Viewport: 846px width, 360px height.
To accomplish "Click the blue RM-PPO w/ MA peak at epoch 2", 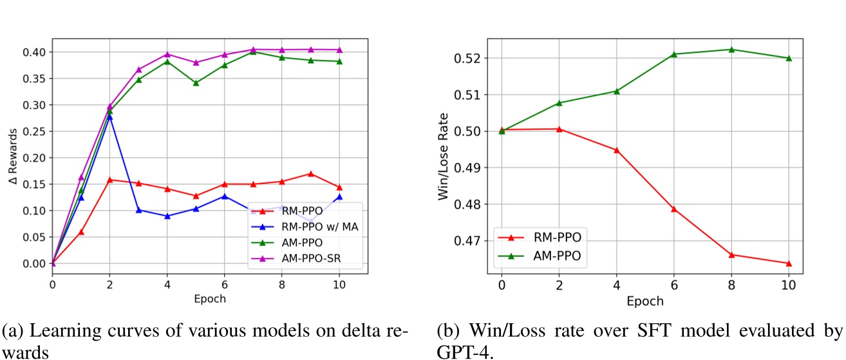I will pyautogui.click(x=109, y=117).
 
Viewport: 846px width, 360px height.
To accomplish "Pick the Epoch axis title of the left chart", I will pyautogui.click(x=210, y=299).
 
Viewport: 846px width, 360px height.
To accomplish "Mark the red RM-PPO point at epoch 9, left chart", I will pyautogui.click(x=310, y=174).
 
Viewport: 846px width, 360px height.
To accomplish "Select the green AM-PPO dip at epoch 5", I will pyautogui.click(x=196, y=83).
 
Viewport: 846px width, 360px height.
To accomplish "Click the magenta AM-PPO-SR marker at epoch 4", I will pyautogui.click(x=167, y=55).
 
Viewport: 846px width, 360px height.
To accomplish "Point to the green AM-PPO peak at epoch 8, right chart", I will pyautogui.click(x=731, y=50).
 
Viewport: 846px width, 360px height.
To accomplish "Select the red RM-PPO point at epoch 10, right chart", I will pyautogui.click(x=788, y=263).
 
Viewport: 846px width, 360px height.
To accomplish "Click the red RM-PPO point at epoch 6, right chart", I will pyautogui.click(x=673, y=209).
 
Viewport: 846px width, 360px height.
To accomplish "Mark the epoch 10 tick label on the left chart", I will pyautogui.click(x=339, y=285).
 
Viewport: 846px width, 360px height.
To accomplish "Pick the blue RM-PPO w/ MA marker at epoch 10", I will pyautogui.click(x=339, y=197).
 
